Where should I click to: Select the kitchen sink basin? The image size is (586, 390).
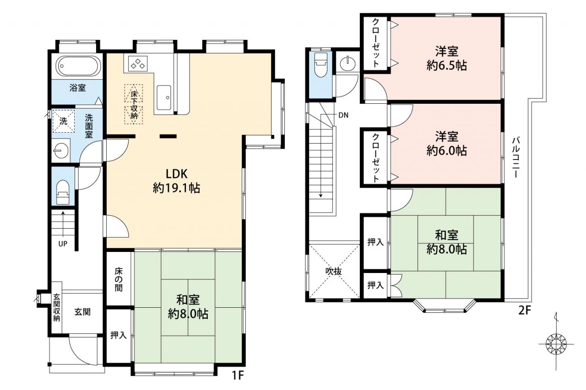(163, 98)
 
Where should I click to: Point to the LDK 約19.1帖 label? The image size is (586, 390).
(177, 181)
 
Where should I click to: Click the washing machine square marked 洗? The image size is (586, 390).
(63, 121)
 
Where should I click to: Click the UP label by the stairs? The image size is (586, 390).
(63, 244)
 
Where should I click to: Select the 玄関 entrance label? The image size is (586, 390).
(82, 312)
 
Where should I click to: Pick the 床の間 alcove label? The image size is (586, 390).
(119, 280)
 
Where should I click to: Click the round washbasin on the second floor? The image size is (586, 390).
(347, 64)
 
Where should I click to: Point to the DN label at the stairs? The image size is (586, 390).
(343, 115)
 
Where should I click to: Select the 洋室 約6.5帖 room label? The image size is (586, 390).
(446, 59)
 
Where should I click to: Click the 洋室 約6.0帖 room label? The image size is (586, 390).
(446, 144)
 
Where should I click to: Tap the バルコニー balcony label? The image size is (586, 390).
(516, 157)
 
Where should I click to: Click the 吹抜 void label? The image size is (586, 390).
(334, 272)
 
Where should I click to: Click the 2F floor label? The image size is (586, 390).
(525, 310)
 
